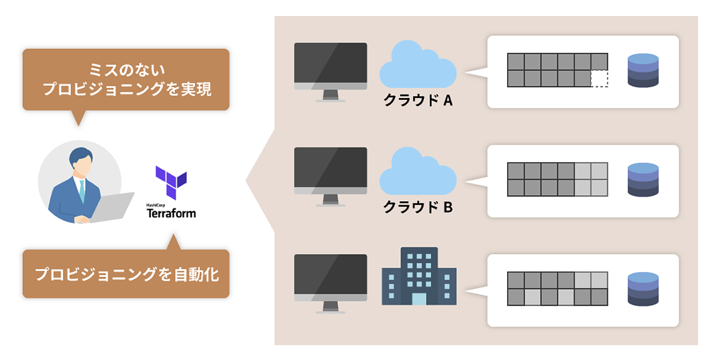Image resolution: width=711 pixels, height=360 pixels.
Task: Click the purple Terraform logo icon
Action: click(x=171, y=182)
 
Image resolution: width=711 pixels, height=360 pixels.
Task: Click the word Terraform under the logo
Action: click(x=171, y=214)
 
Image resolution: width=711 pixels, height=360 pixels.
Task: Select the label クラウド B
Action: click(x=418, y=207)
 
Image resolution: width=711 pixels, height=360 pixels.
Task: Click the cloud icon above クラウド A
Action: click(x=417, y=66)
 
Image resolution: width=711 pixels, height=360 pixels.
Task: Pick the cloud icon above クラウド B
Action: click(x=417, y=172)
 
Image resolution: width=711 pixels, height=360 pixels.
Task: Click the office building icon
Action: click(x=419, y=276)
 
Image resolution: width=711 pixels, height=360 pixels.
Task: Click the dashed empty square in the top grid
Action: click(x=599, y=78)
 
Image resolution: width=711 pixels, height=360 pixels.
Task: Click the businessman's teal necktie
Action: click(x=82, y=192)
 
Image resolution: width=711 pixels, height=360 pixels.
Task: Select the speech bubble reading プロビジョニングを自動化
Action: click(x=126, y=274)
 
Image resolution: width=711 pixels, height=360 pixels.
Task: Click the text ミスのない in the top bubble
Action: click(x=126, y=70)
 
